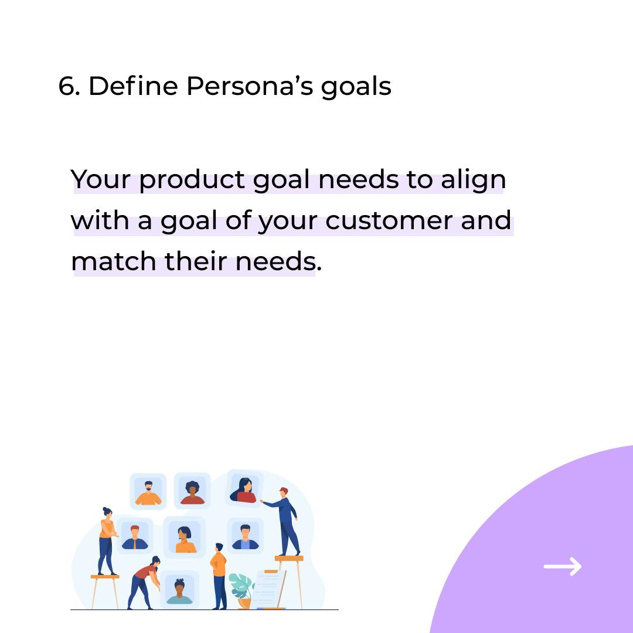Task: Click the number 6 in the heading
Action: pyautogui.click(x=67, y=86)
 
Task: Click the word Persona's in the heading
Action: pyautogui.click(x=249, y=86)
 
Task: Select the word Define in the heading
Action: pyautogui.click(x=133, y=86)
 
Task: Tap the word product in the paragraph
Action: pyautogui.click(x=192, y=181)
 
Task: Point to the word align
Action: pyautogui.click(x=473, y=180)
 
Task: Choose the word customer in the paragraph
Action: pyautogui.click(x=389, y=221)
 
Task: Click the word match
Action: pyautogui.click(x=114, y=261)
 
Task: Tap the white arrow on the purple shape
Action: pyautogui.click(x=562, y=566)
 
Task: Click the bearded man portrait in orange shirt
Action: pyautogui.click(x=148, y=491)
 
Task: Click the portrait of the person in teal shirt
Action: pyautogui.click(x=180, y=590)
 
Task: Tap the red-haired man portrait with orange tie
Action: pyautogui.click(x=135, y=536)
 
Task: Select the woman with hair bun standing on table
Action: pyautogui.click(x=107, y=541)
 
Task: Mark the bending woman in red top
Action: pyautogui.click(x=144, y=583)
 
